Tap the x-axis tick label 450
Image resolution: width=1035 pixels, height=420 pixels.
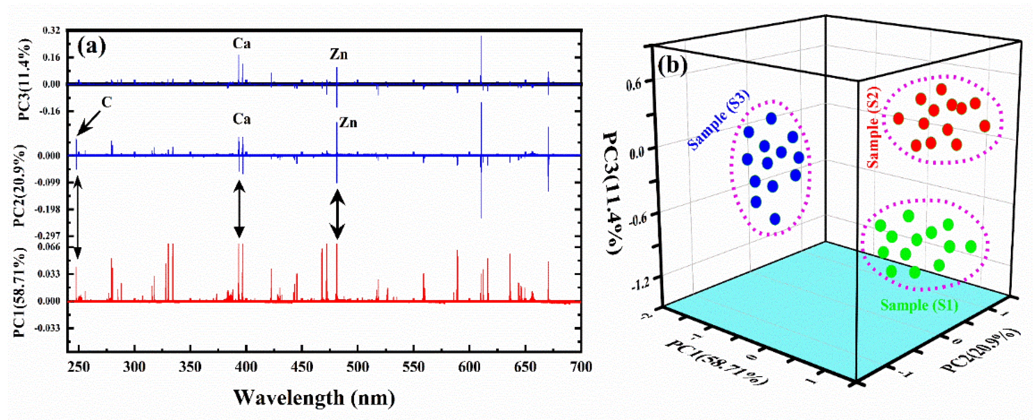click(301, 367)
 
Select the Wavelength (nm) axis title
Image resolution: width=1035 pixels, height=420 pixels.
click(314, 398)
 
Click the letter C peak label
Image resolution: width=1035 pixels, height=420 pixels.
click(106, 103)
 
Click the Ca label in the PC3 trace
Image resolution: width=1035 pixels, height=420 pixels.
click(241, 43)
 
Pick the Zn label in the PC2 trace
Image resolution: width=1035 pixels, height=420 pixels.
click(348, 122)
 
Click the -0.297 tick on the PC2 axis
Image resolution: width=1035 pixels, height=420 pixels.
click(49, 236)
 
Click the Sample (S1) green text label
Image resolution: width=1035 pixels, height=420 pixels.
click(919, 305)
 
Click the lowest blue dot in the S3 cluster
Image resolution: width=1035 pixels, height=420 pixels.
click(775, 219)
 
